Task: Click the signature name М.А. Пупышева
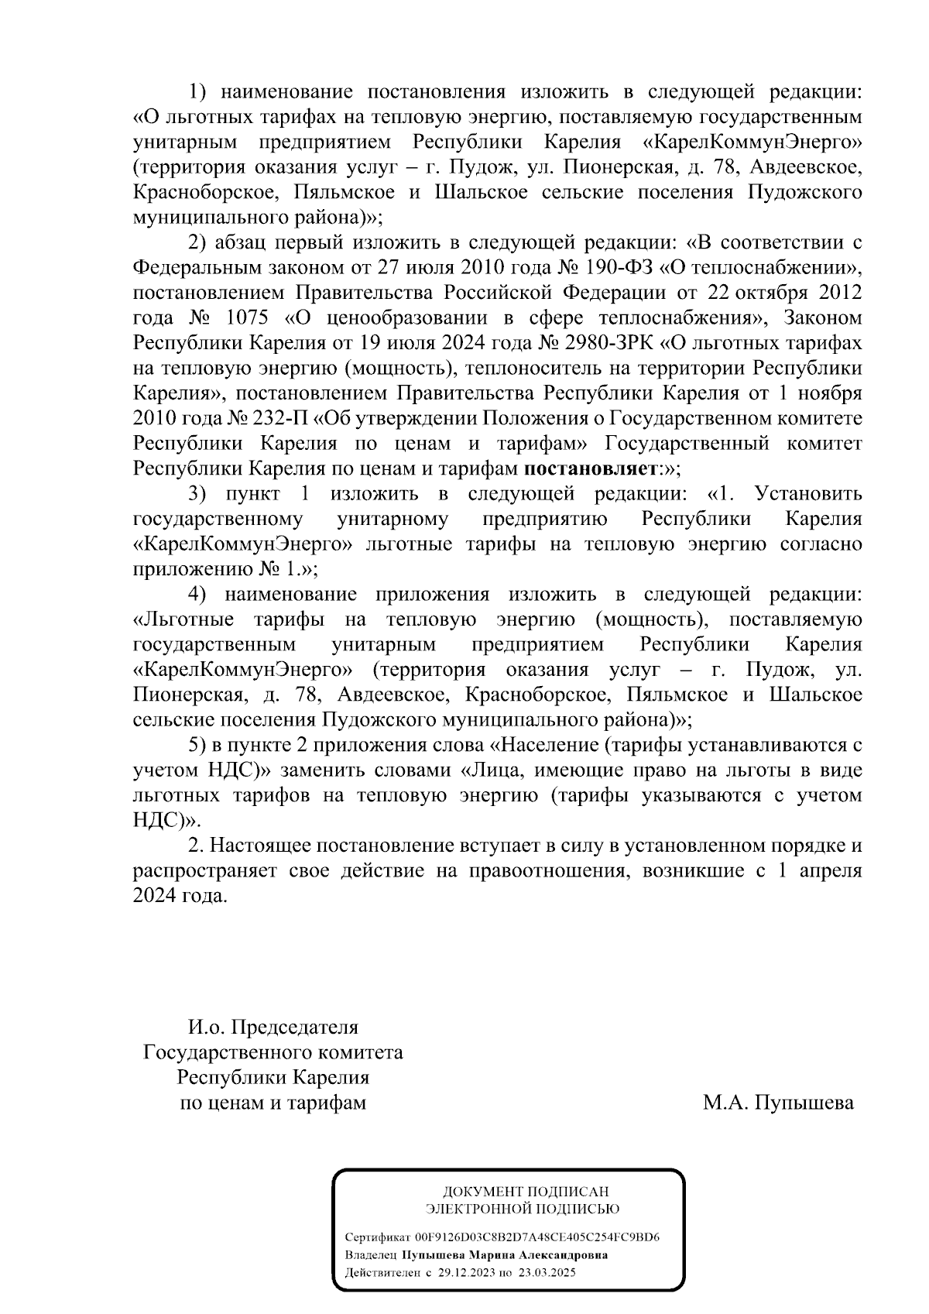tap(778, 1102)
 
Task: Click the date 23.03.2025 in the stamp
tap(547, 1273)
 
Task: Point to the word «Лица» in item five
tap(491, 770)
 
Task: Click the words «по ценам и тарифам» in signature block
tap(273, 1102)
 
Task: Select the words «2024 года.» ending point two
tap(181, 895)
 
